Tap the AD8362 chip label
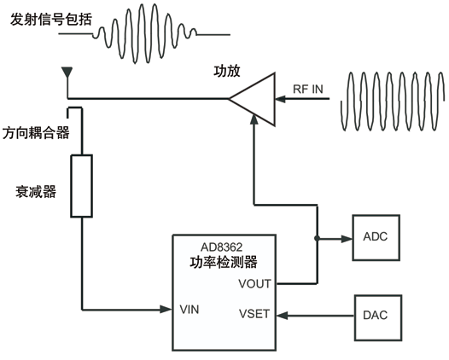(x=221, y=247)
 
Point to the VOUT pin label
(x=254, y=283)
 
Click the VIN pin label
(x=190, y=310)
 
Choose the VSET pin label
(x=254, y=314)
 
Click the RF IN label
(x=308, y=90)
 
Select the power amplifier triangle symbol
(x=252, y=99)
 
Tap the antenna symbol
(x=67, y=73)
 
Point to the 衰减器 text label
(x=36, y=192)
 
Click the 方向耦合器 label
(x=36, y=133)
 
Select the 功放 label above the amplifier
(x=227, y=72)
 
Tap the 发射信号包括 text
(x=51, y=20)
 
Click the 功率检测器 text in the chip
(x=224, y=262)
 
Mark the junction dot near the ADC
(x=317, y=238)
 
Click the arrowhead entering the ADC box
(x=347, y=238)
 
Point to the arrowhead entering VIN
(x=166, y=309)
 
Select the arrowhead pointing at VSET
(x=283, y=316)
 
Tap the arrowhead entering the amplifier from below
(x=254, y=119)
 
